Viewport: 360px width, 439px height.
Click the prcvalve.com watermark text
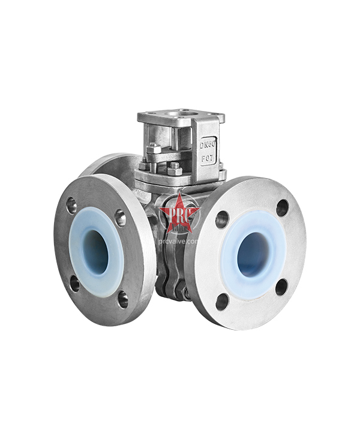[179, 240]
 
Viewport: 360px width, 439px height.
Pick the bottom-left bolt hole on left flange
[74, 282]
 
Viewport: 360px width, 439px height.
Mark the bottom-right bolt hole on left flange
[122, 298]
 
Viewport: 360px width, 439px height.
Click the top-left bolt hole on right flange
[222, 220]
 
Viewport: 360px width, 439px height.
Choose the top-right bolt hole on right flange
[282, 208]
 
